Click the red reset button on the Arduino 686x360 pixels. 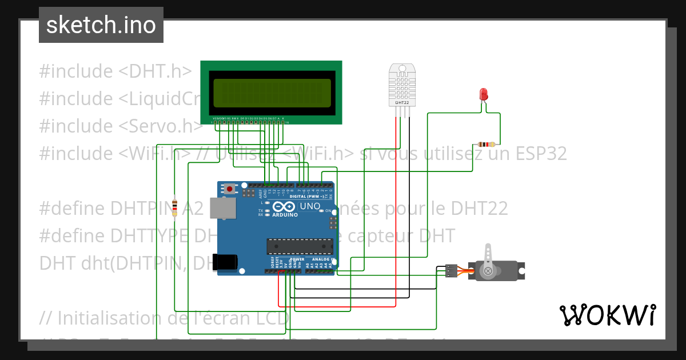(x=230, y=188)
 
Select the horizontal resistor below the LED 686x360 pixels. (x=486, y=144)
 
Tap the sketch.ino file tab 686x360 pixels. (x=101, y=25)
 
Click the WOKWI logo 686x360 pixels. (x=607, y=315)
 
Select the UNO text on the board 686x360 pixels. (x=310, y=206)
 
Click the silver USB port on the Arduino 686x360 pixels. (x=222, y=208)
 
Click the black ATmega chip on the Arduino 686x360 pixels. (x=299, y=246)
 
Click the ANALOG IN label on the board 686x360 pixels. (x=320, y=259)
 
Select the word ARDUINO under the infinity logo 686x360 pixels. (x=285, y=215)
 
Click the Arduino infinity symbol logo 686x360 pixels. (x=284, y=206)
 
